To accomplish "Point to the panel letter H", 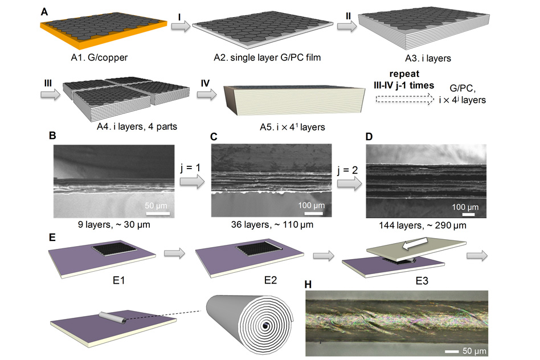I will click(x=308, y=284).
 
